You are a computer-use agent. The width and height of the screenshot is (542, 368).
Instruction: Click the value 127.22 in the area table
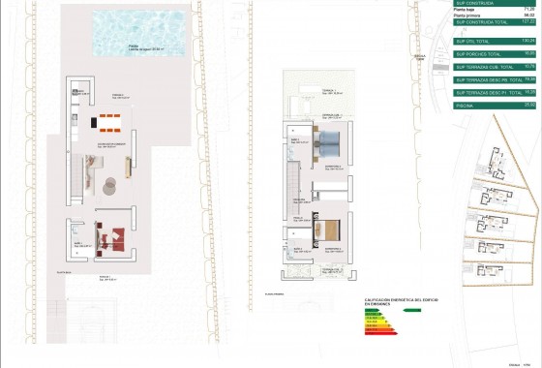528,22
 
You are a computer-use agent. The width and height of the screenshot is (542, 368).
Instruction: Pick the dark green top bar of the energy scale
367,312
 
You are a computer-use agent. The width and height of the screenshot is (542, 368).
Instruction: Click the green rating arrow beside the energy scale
410,312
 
